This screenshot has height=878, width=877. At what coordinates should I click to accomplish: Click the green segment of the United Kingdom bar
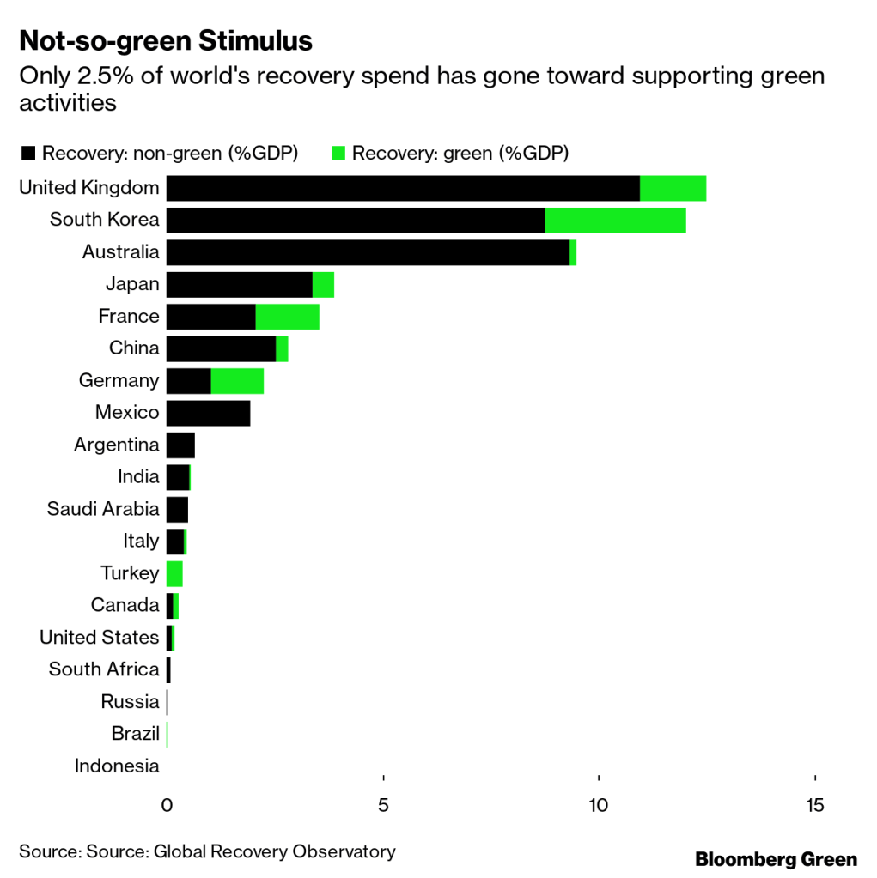pos(673,188)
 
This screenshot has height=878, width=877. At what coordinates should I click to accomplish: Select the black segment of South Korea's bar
pos(356,221)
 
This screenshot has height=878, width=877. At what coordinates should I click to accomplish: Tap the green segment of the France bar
pos(287,317)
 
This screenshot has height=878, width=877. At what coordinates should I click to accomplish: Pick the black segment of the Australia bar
pos(368,252)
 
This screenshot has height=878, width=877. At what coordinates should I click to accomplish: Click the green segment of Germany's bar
pos(237,381)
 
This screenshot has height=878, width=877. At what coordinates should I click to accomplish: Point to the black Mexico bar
pos(208,413)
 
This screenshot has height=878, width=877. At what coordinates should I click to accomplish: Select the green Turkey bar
pos(174,573)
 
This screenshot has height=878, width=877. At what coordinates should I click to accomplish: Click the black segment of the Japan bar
pos(239,285)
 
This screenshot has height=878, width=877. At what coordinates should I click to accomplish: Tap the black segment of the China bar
pos(221,348)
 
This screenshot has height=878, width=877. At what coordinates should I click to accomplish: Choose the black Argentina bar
pos(180,445)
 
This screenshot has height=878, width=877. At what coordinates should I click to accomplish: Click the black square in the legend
pos(28,154)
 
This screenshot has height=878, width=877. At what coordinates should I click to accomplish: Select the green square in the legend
pos(338,154)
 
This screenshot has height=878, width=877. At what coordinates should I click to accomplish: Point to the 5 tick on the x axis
pos(383,805)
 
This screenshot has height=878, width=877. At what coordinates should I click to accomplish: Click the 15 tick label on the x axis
pos(814,805)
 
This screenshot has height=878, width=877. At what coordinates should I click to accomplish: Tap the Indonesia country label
pos(117,766)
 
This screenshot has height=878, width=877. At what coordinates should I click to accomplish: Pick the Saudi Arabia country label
pos(103,509)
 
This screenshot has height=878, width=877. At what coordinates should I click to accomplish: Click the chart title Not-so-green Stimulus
pos(165,41)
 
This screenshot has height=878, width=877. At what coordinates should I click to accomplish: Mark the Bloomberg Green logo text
pos(776,859)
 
